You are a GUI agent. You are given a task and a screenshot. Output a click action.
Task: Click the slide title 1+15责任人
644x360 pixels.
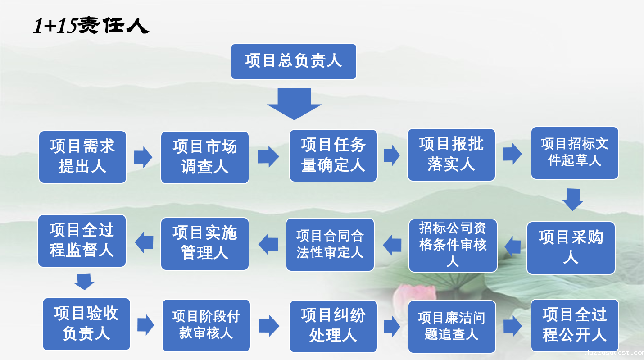pos(91,27)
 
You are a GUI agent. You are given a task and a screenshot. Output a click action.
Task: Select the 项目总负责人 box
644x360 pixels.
pos(294,61)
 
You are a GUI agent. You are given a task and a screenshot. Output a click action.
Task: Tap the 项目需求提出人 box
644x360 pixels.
pos(82,157)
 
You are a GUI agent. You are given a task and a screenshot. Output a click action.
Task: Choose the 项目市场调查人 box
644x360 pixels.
pos(205,157)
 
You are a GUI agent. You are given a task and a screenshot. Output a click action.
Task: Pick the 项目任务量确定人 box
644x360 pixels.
pos(333,156)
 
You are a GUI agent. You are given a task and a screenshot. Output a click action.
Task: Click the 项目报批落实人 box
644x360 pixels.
pos(451,155)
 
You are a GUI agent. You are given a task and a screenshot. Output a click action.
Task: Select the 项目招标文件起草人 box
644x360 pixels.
pos(575,153)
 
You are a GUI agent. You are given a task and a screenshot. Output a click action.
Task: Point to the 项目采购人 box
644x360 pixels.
pos(571,248)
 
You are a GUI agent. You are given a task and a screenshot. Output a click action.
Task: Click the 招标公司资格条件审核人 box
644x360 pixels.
pos(453,246)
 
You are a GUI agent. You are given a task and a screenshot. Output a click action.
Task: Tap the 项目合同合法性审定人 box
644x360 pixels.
pos(330,245)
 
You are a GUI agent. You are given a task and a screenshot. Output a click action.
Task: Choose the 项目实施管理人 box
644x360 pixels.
pos(205,244)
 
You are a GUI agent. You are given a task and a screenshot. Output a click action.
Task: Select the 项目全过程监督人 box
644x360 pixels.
pos(82,240)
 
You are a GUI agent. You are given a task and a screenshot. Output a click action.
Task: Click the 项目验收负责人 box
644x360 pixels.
pos(86,324)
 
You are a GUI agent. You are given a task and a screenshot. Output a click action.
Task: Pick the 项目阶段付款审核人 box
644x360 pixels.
pos(206,325)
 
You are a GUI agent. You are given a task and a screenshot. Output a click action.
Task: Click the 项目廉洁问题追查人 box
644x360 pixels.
pos(452,327)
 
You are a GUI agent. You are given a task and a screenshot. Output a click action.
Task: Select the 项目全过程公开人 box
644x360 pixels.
pos(575,325)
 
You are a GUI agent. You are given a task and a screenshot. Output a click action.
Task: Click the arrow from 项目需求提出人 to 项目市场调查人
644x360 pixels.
pos(143,157)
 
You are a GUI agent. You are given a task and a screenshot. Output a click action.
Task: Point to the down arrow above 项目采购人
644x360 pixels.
pos(573,199)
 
